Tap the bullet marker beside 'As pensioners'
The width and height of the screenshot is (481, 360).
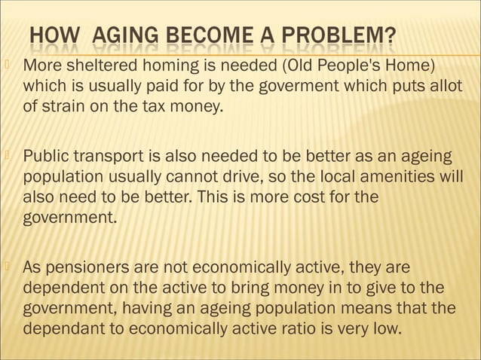(x=11, y=267)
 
